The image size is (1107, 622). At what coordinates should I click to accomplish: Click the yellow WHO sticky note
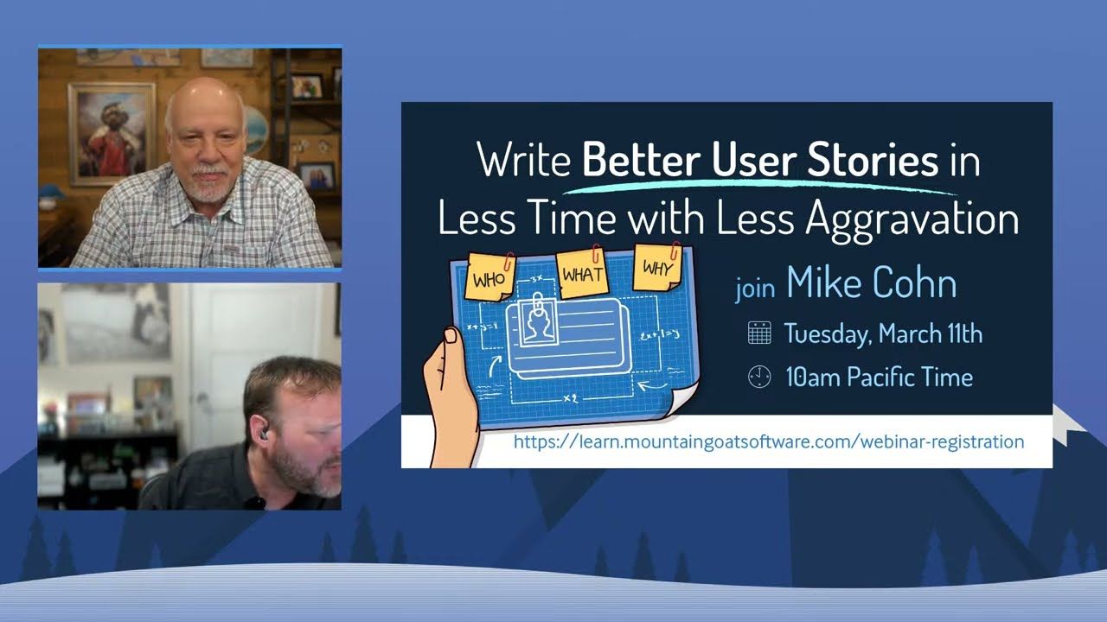(x=490, y=277)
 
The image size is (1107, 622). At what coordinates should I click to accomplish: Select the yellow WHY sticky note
(x=657, y=267)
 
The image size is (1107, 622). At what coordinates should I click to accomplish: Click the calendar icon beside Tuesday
(x=759, y=333)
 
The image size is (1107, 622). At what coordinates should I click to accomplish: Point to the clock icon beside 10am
(x=759, y=377)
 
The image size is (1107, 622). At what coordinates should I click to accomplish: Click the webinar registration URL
(x=769, y=441)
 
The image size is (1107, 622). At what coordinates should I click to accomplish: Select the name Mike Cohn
(x=871, y=282)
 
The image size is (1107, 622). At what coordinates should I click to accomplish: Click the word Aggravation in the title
(x=912, y=220)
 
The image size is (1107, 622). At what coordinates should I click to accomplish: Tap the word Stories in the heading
(x=873, y=160)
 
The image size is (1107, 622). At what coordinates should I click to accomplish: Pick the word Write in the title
(x=524, y=160)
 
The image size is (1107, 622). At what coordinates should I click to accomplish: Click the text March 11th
(x=931, y=333)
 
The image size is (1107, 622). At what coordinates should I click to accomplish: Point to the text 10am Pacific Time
(x=880, y=378)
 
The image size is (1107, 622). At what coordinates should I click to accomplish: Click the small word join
(x=755, y=289)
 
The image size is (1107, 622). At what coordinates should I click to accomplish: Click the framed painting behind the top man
(x=112, y=133)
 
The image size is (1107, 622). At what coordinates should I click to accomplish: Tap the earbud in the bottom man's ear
(x=265, y=434)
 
